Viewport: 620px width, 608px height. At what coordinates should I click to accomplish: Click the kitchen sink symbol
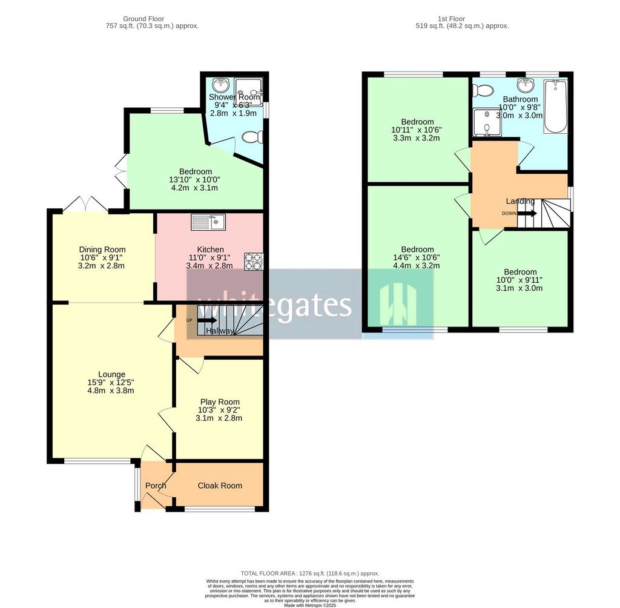pyautogui.click(x=208, y=222)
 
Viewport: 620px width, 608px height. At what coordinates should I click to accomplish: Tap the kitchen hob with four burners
pyautogui.click(x=253, y=261)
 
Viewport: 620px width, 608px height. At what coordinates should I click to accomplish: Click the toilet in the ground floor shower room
pyautogui.click(x=252, y=137)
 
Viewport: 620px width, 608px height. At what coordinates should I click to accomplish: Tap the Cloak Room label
pyautogui.click(x=219, y=486)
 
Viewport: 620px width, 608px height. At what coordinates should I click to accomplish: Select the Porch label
pyautogui.click(x=156, y=486)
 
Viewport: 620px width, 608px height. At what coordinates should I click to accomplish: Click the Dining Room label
pyautogui.click(x=102, y=249)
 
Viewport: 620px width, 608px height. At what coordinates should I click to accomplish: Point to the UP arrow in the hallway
pyautogui.click(x=206, y=320)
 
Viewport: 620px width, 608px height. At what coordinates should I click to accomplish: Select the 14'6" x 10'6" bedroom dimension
pyautogui.click(x=417, y=257)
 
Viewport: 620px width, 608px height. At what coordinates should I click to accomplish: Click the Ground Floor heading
pyautogui.click(x=143, y=19)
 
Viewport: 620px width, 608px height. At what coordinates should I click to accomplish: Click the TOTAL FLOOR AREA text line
pyautogui.click(x=310, y=573)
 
